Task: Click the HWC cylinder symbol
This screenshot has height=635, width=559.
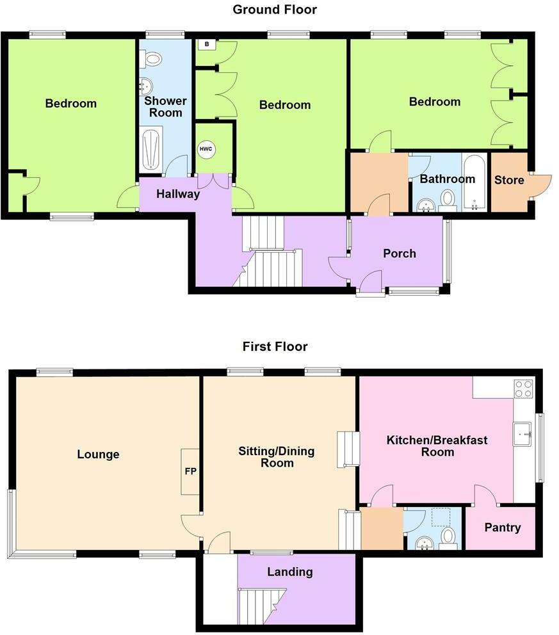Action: point(206,149)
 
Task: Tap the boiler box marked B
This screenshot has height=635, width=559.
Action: point(206,44)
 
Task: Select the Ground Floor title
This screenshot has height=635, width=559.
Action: point(274,10)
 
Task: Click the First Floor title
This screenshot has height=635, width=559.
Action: point(275,346)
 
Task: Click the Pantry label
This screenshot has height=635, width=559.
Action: point(502,528)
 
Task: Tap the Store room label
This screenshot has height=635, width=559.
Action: point(509,180)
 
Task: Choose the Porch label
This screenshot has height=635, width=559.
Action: point(399,253)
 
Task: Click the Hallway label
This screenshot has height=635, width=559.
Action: point(179,194)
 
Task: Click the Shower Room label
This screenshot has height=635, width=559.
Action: point(165,107)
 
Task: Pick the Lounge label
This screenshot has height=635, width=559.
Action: point(98,454)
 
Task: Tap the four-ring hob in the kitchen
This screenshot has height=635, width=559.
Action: point(524,388)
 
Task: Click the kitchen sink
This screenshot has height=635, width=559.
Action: point(522,433)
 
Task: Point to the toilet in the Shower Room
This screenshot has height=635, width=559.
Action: point(152,60)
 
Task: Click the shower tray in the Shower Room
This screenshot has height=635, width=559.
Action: point(151,149)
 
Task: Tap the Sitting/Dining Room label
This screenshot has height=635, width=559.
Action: point(277,456)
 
